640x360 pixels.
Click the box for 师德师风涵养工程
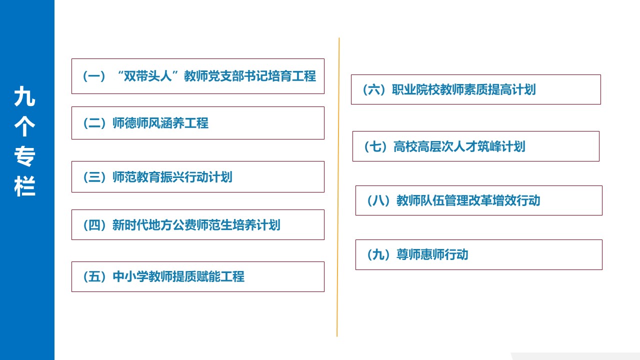[x=197, y=123]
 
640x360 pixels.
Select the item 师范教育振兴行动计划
[x=197, y=177]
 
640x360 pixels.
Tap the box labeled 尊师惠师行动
[x=478, y=254]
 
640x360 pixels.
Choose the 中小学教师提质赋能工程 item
[x=197, y=276]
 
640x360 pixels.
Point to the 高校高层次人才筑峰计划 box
[x=475, y=146]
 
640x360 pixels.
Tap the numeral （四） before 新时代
[x=94, y=225]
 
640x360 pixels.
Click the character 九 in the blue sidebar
[x=24, y=97]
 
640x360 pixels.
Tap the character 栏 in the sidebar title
[x=24, y=187]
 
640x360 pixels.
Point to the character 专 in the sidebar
[x=24, y=157]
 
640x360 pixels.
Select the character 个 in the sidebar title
[x=24, y=127]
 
